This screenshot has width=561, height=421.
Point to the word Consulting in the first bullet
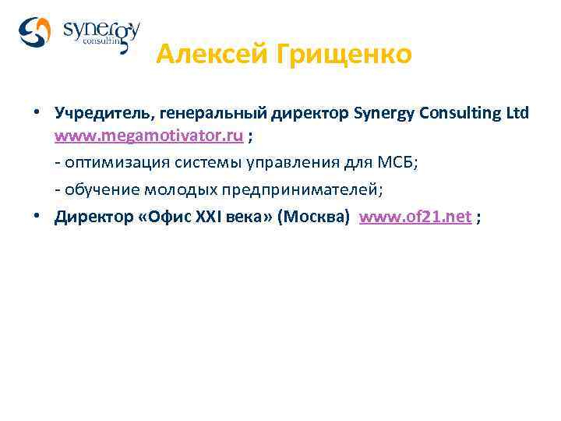(x=459, y=113)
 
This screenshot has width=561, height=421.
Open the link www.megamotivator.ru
(x=148, y=137)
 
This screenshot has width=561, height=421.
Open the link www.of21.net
(x=415, y=217)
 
